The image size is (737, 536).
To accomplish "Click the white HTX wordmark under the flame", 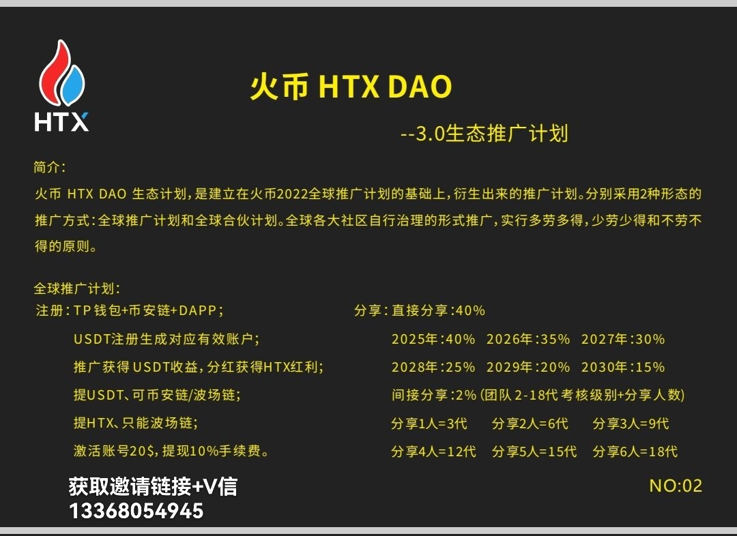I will point(61,121).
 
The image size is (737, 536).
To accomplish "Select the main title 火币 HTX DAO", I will point(351,87).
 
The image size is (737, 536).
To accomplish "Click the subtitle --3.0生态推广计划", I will point(484,133).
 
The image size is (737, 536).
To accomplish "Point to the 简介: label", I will point(49,168).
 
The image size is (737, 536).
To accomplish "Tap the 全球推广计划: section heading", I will point(76,288).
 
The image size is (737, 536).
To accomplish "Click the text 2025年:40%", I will point(433,339).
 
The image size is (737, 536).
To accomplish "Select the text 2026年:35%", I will point(528,339).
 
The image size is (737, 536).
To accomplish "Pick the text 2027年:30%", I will point(622,339).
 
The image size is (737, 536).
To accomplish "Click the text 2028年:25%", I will point(433,367).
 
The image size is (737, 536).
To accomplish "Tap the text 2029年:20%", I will point(528,367).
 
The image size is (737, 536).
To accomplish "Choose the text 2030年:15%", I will point(622,367).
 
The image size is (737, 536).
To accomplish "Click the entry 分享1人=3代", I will point(429,423).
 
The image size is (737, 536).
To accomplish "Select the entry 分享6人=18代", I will point(635,451).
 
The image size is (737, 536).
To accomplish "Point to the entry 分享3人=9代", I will point(631,423).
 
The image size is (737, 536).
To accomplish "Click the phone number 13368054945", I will point(136,511).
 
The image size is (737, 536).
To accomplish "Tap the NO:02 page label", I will point(675,486).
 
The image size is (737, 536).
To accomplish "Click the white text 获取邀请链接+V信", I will point(153,486).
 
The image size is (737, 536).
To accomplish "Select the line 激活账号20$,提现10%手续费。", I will point(171,451).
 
